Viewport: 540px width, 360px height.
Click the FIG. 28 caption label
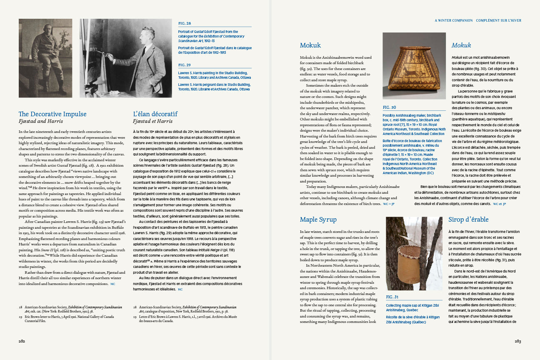click(x=185, y=23)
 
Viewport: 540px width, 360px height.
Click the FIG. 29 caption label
click(x=185, y=65)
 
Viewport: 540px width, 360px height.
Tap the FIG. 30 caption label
click(x=389, y=107)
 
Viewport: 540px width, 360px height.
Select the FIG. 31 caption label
click(x=392, y=297)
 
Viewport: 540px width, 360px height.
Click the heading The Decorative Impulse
click(x=52, y=114)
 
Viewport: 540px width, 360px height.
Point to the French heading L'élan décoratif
click(x=155, y=114)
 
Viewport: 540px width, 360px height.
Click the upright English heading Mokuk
click(x=310, y=45)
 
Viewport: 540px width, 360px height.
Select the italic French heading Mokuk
click(x=461, y=45)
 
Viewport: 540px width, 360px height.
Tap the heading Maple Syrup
click(x=318, y=220)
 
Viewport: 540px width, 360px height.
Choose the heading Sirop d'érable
click(x=468, y=220)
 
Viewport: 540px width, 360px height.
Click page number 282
click(x=22, y=341)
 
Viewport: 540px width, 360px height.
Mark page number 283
click(x=517, y=341)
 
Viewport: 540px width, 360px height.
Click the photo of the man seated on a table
click(x=45, y=58)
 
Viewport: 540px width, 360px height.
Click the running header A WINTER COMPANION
click(x=453, y=20)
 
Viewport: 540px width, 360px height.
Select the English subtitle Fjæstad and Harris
click(x=41, y=121)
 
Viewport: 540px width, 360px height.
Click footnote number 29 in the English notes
click(x=20, y=317)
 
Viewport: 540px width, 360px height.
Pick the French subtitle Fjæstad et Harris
click(x=152, y=121)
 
